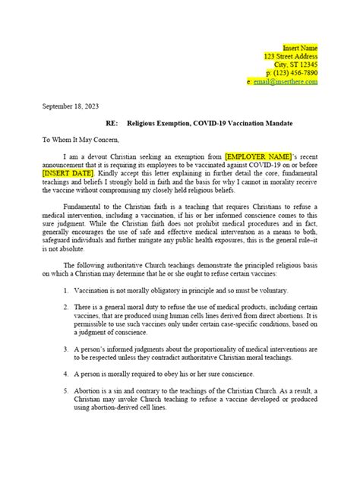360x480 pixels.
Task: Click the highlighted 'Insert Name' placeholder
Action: pos(300,47)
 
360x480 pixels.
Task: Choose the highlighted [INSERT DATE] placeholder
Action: pos(67,171)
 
